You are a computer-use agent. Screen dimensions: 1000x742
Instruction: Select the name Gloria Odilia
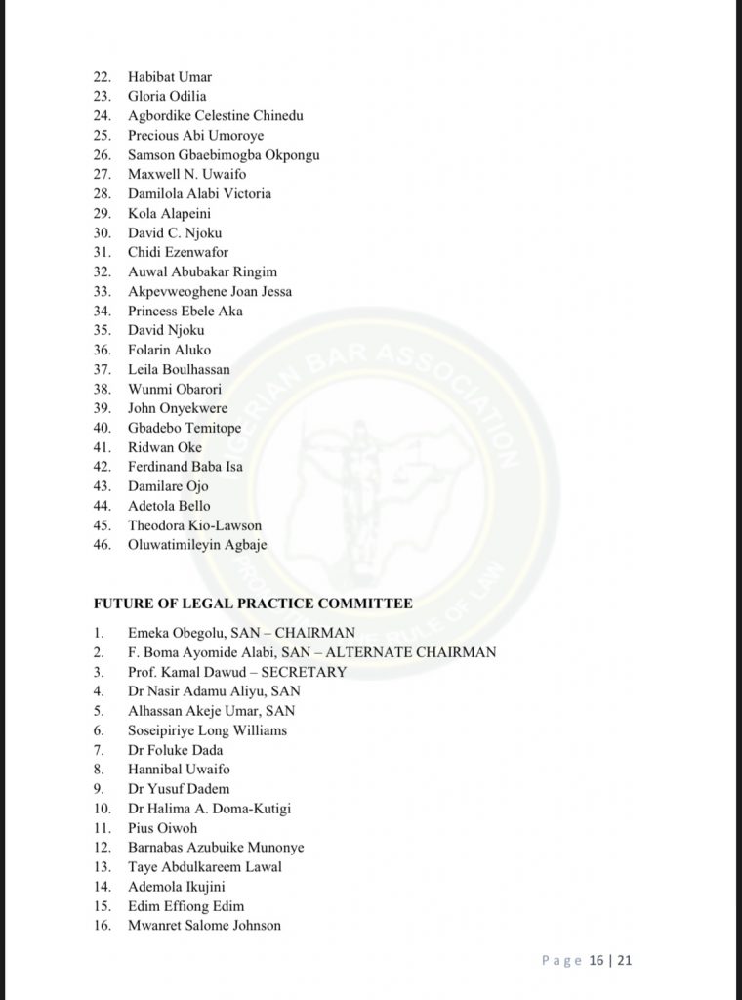click(x=169, y=96)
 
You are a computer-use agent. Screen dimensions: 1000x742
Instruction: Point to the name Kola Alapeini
click(x=169, y=213)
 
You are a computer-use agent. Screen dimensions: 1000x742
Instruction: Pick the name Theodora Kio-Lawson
click(x=194, y=525)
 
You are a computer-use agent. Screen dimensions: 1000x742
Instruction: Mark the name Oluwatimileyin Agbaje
click(x=197, y=545)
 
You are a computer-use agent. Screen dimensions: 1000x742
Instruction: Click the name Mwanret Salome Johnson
click(x=204, y=925)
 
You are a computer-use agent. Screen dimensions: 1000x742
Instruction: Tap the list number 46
click(x=102, y=545)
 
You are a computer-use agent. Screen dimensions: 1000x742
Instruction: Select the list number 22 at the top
click(x=102, y=76)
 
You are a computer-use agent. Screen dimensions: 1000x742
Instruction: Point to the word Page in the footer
click(x=561, y=961)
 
